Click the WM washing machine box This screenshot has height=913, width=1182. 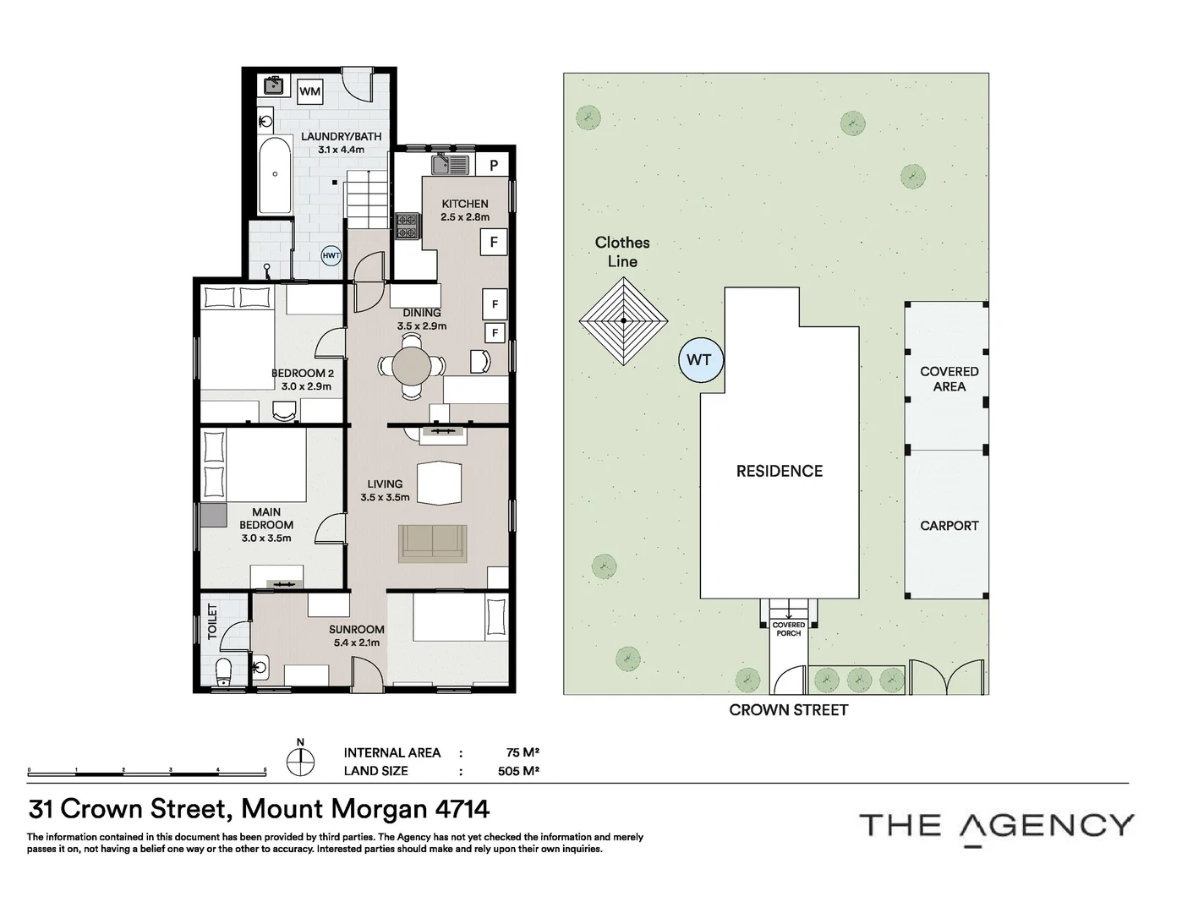(309, 91)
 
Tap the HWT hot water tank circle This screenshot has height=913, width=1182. (331, 256)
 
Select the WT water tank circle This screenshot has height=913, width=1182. (698, 360)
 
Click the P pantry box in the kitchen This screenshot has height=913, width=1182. (494, 166)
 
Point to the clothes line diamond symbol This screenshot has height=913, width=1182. (624, 321)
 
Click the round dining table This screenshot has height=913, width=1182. (411, 368)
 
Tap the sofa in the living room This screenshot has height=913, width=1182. (432, 543)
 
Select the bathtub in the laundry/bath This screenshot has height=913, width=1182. (276, 176)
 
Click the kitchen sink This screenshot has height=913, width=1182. (451, 164)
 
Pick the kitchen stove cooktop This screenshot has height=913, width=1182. (407, 225)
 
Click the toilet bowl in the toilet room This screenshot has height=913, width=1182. (224, 672)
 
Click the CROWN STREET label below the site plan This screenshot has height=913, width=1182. (788, 711)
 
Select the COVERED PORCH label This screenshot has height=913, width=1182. (788, 629)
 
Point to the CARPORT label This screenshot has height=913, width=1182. (949, 526)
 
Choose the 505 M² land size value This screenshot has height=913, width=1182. (518, 771)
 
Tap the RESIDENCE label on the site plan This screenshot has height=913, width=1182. (779, 472)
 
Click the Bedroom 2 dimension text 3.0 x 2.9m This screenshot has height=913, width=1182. (306, 386)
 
